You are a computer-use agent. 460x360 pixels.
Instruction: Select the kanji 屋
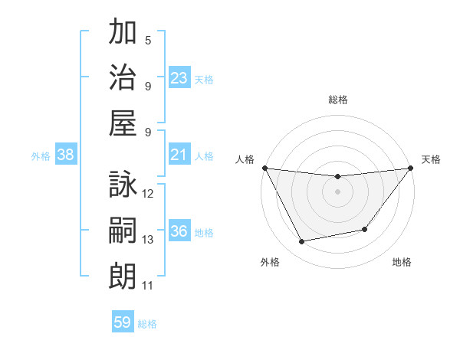pyautogui.click(x=123, y=122)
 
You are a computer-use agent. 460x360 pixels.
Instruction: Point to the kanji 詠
pyautogui.click(x=123, y=185)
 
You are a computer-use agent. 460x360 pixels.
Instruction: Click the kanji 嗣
pyautogui.click(x=123, y=230)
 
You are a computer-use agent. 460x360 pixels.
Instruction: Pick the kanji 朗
pyautogui.click(x=123, y=275)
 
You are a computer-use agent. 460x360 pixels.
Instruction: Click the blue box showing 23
pyautogui.click(x=179, y=78)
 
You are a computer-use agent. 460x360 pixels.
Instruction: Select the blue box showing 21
pyautogui.click(x=179, y=155)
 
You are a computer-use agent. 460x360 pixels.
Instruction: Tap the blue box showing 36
pyautogui.click(x=179, y=232)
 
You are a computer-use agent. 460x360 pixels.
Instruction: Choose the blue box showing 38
pyautogui.click(x=66, y=155)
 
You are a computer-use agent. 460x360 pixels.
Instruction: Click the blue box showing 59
pyautogui.click(x=122, y=322)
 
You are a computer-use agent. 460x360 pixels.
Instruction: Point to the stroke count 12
pyautogui.click(x=148, y=194)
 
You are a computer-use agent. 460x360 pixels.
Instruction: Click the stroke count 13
pyautogui.click(x=148, y=240)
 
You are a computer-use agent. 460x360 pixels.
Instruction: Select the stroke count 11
pyautogui.click(x=148, y=286)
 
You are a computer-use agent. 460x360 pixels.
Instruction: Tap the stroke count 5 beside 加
pyautogui.click(x=148, y=41)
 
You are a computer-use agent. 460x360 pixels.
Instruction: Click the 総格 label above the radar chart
pyautogui.click(x=337, y=100)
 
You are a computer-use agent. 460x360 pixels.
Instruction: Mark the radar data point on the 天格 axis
pyautogui.click(x=412, y=169)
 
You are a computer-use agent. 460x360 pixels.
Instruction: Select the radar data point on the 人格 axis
pyautogui.click(x=264, y=168)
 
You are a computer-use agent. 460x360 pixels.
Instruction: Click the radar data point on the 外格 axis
pyautogui.click(x=302, y=242)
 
